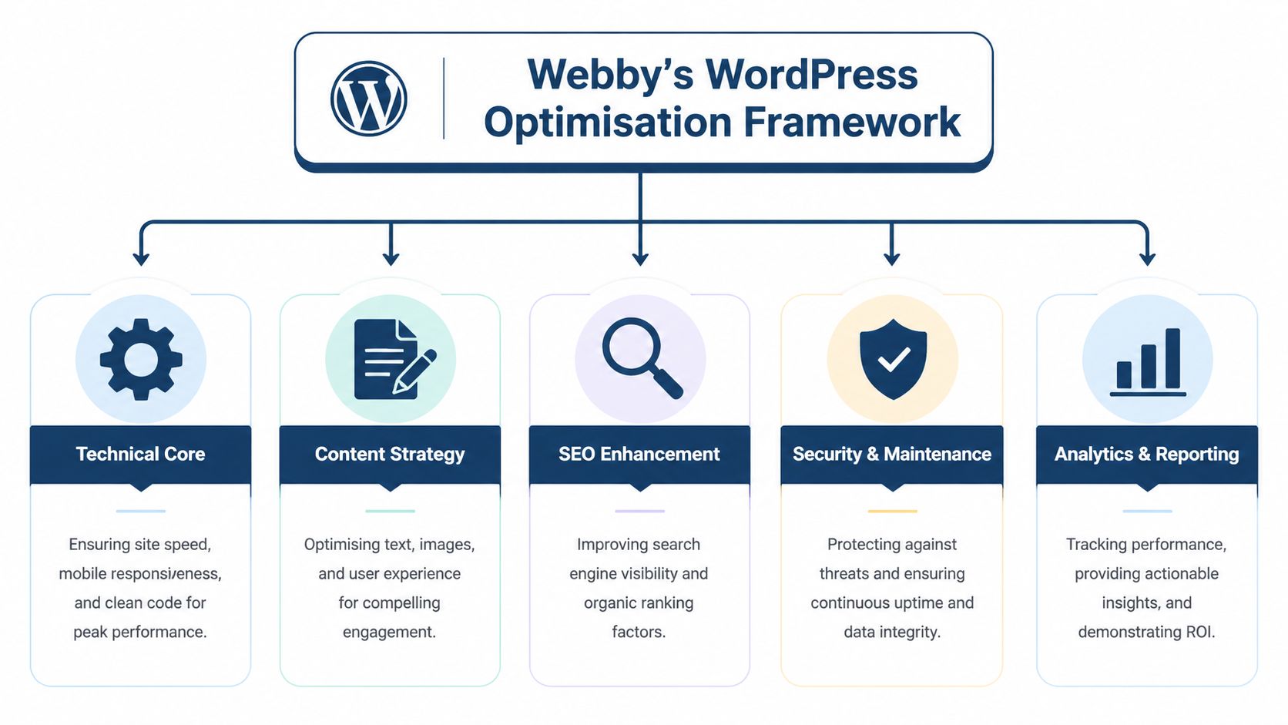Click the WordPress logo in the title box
click(368, 99)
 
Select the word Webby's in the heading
click(610, 75)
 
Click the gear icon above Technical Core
click(141, 359)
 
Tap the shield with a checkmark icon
click(893, 359)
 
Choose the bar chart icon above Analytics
click(1148, 361)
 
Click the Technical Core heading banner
click(140, 455)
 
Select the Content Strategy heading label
click(390, 455)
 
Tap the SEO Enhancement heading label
click(639, 455)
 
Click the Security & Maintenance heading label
click(892, 455)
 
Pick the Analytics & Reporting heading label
click(1147, 455)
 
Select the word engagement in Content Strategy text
click(389, 633)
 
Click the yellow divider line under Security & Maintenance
click(892, 511)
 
